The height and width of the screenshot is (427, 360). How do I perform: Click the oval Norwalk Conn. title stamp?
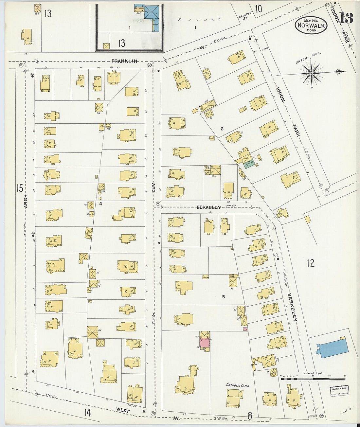tap(311, 25)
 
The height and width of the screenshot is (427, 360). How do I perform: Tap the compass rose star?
tap(311, 73)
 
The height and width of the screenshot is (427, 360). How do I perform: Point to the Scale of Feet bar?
tap(313, 379)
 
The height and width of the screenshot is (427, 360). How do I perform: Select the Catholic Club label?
tap(238, 385)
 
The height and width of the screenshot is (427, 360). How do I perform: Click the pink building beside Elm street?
tap(204, 343)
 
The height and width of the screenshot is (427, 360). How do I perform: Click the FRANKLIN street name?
tap(124, 61)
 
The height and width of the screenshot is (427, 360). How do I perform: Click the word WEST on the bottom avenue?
tap(122, 410)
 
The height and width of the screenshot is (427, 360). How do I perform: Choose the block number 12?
tap(310, 263)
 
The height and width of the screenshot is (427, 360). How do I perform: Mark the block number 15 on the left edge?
tap(20, 188)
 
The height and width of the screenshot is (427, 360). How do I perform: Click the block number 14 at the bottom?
tap(87, 413)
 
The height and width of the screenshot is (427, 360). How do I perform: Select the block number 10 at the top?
tap(259, 9)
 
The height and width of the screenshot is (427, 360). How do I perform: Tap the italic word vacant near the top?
tap(200, 20)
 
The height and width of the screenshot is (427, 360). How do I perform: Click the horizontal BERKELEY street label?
tap(208, 207)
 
